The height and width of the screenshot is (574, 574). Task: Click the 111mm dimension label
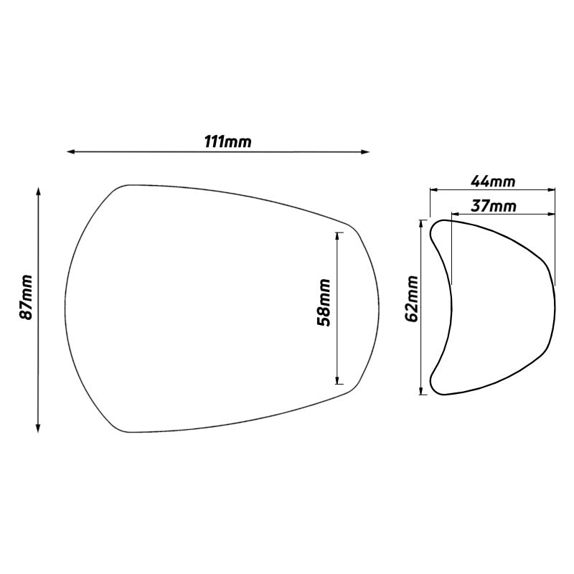coord(228,141)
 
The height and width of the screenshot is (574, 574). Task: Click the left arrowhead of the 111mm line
coord(70,151)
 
